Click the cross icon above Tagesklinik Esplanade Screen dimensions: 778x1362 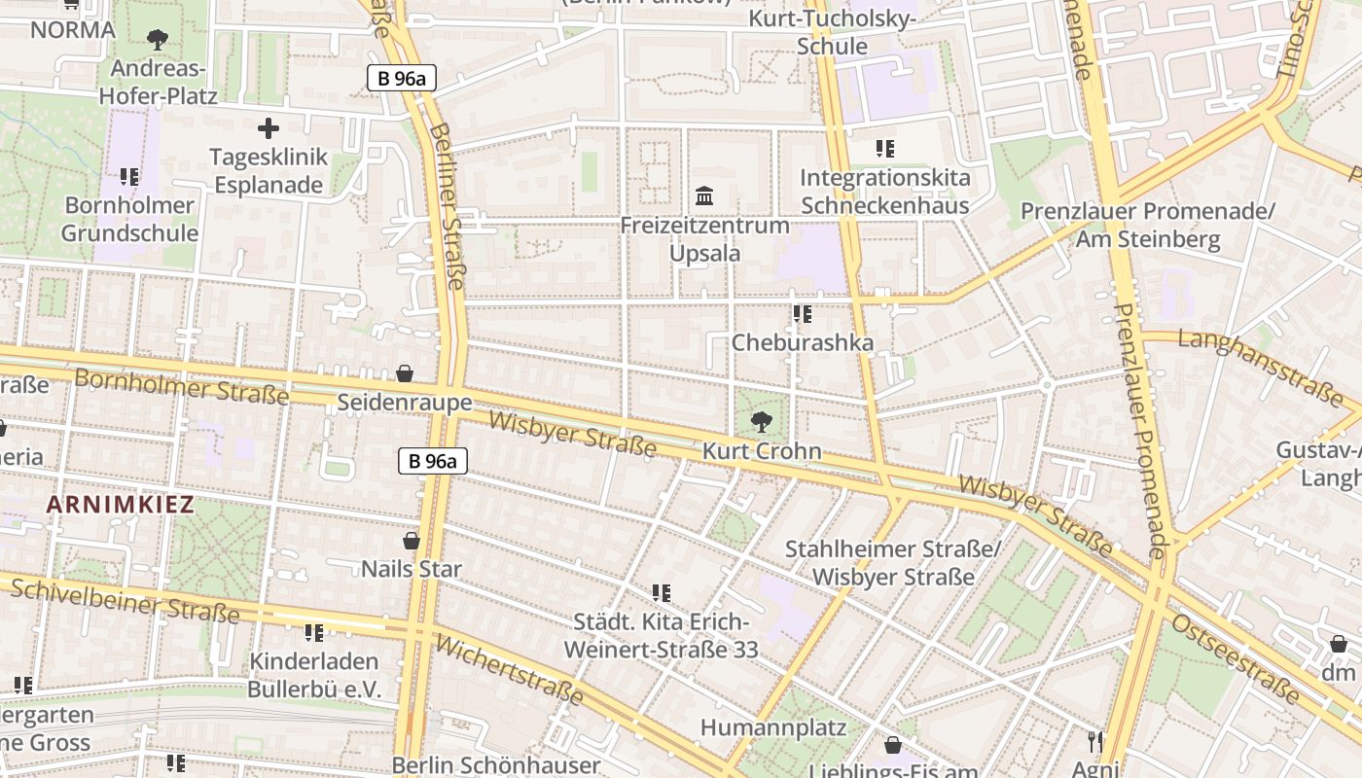[x=268, y=128]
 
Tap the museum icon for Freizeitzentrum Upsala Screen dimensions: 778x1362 [x=705, y=196]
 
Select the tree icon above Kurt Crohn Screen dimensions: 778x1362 [x=761, y=422]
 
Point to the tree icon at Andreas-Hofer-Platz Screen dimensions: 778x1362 [x=158, y=40]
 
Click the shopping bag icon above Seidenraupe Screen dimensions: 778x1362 [x=405, y=373]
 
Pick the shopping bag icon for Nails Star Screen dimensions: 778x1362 [x=412, y=541]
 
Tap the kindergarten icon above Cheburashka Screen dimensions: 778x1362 [x=802, y=314]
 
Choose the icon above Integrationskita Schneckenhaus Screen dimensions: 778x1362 [x=884, y=149]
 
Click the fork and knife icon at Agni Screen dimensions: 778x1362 [x=1095, y=741]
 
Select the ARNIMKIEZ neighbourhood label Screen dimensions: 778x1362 [x=120, y=505]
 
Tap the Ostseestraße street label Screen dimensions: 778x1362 [x=1236, y=658]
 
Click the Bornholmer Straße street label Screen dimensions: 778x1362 [x=182, y=386]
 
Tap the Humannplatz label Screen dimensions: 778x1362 [x=773, y=727]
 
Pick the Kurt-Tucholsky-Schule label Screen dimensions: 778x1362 [x=832, y=33]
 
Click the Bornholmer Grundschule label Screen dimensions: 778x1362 [x=129, y=220]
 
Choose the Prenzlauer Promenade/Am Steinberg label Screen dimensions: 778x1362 [x=1147, y=225]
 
